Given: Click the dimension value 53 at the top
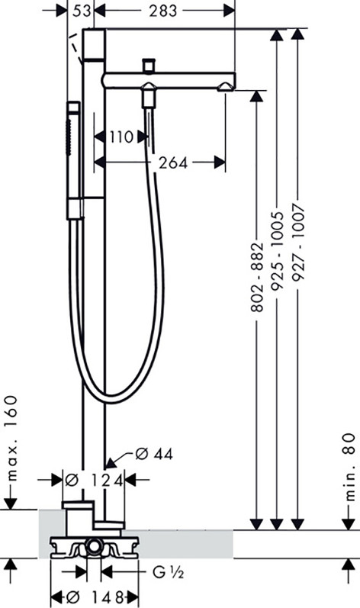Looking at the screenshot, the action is click(81, 11).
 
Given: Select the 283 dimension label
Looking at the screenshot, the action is click(162, 11).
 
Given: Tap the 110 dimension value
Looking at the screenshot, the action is click(121, 137).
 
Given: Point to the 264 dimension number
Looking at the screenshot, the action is click(173, 162).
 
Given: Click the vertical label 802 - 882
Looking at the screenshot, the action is click(257, 277).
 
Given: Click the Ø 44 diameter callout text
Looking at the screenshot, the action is click(154, 454).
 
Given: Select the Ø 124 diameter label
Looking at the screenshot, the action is click(94, 481).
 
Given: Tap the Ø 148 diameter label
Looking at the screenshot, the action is click(94, 596).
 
